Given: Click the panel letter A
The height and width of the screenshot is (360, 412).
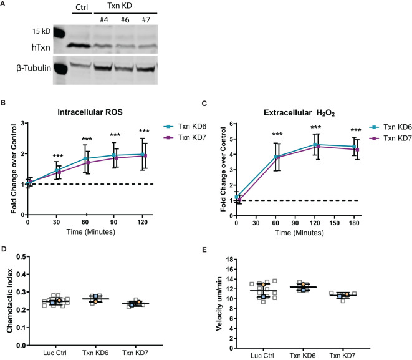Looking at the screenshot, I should pyautogui.click(x=4, y=5).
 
